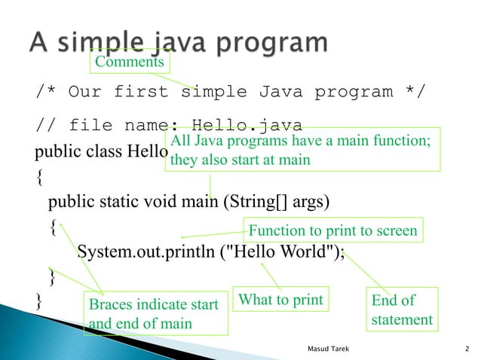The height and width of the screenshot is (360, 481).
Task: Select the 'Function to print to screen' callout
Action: click(x=332, y=230)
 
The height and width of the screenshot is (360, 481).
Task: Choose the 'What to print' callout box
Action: click(x=280, y=301)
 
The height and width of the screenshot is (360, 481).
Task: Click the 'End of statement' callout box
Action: click(x=401, y=310)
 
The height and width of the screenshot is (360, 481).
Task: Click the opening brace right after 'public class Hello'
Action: click(x=40, y=178)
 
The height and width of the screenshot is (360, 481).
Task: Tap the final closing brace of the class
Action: click(x=40, y=301)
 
